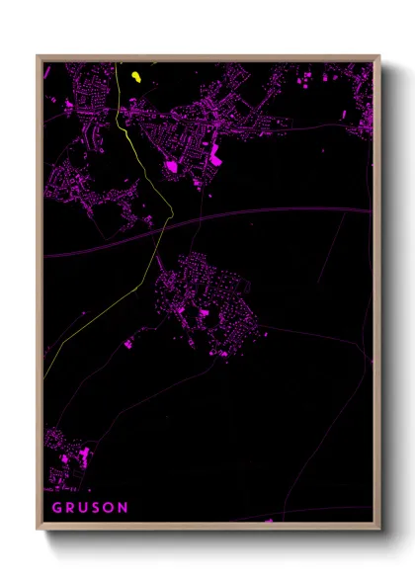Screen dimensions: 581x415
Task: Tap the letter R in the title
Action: pos(73,508)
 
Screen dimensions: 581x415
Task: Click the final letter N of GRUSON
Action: pos(124,508)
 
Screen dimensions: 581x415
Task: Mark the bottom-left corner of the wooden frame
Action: pos(38,529)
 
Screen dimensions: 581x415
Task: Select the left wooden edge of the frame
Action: pos(39,296)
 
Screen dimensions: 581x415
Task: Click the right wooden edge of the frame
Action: pos(376,296)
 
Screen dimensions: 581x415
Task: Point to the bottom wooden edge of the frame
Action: pos(207,528)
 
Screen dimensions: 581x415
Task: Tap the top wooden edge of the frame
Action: pos(207,57)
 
